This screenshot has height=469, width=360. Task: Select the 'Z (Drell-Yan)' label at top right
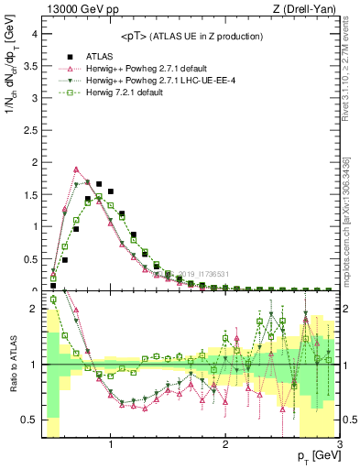[x=310, y=9]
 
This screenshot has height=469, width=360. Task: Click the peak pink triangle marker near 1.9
[x=76, y=169]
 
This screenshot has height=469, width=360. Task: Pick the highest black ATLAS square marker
[x=99, y=184]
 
